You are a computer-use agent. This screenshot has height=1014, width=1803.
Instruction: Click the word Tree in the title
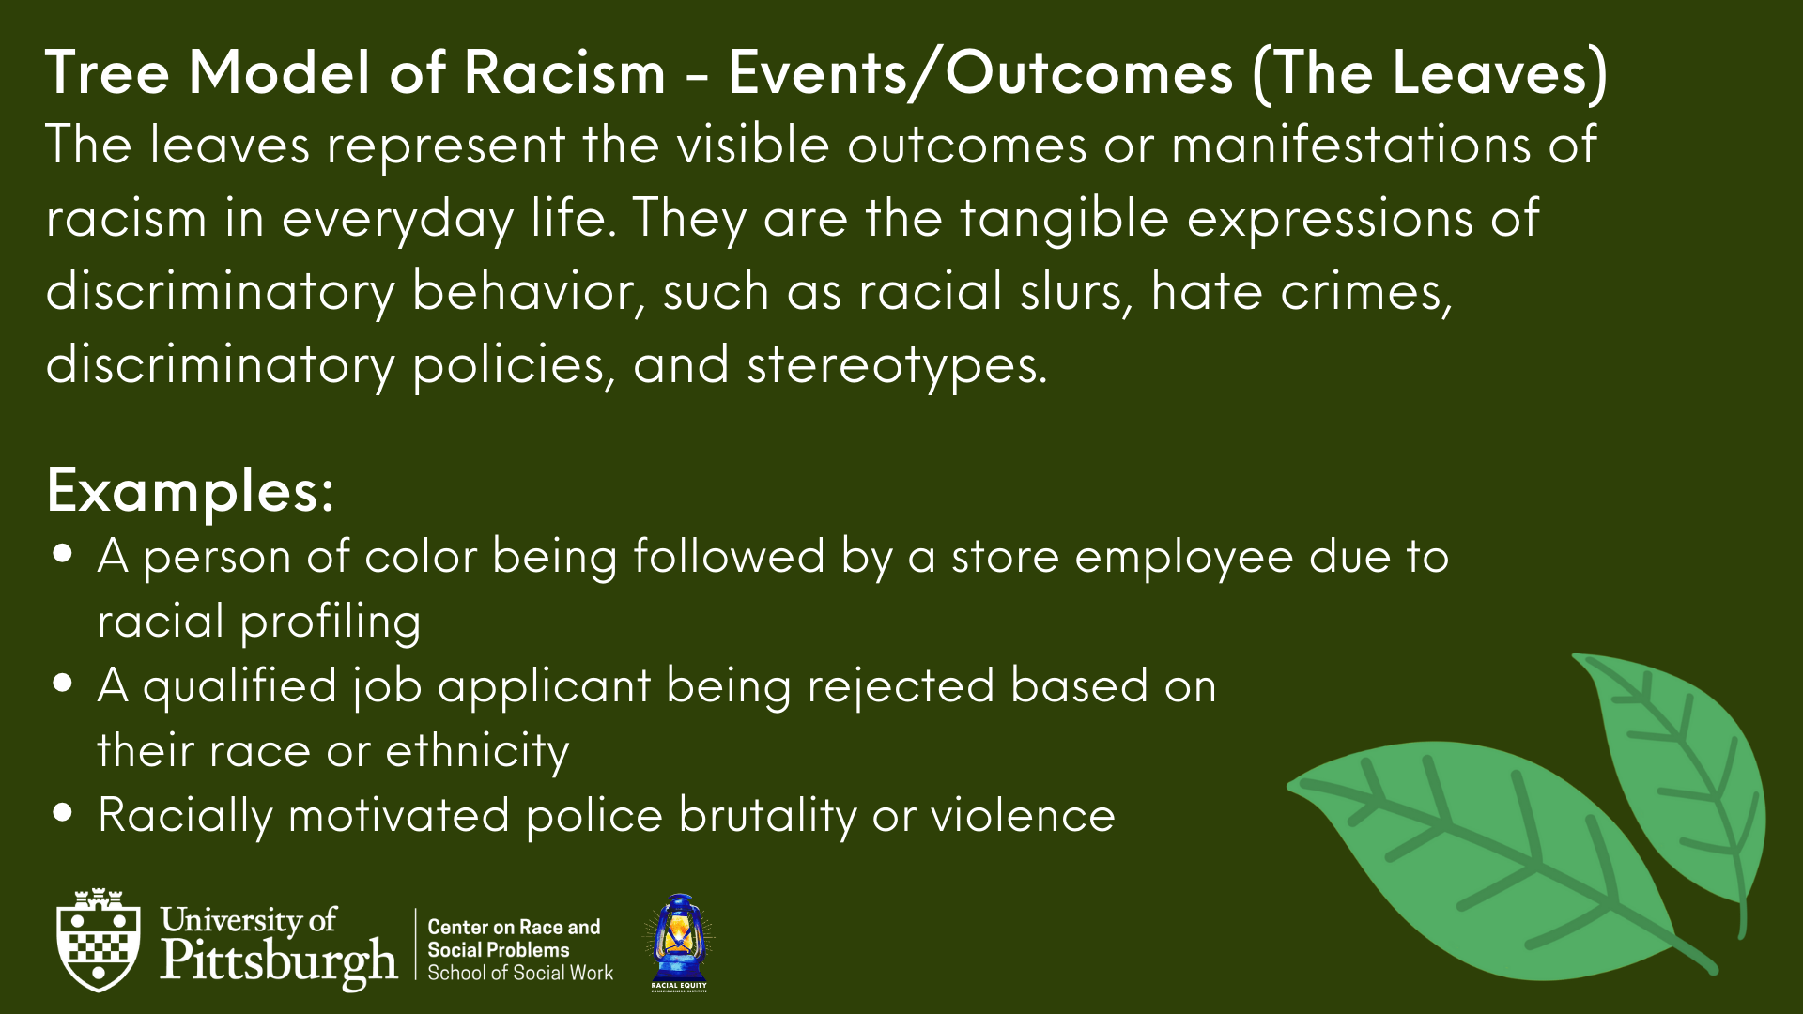[x=107, y=72]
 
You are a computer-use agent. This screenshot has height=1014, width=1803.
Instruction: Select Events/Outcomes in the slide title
[x=980, y=73]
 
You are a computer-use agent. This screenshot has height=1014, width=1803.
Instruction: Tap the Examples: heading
[x=190, y=491]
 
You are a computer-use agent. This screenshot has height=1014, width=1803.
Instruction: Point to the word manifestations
[x=1317, y=146]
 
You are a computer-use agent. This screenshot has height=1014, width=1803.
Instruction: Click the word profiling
[x=331, y=622]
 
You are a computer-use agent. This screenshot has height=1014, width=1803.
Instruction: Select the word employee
[x=1184, y=558]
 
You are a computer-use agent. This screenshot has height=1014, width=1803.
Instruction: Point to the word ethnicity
[x=477, y=752]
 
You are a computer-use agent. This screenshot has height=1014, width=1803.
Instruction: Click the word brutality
[x=767, y=815]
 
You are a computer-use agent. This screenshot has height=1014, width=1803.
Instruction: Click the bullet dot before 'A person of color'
[x=64, y=553]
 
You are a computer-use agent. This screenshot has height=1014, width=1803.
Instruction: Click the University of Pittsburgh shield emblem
[x=99, y=940]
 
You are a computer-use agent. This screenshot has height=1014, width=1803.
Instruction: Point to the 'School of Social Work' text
[x=520, y=974]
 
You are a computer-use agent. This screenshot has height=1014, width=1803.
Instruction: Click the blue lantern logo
[x=679, y=943]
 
